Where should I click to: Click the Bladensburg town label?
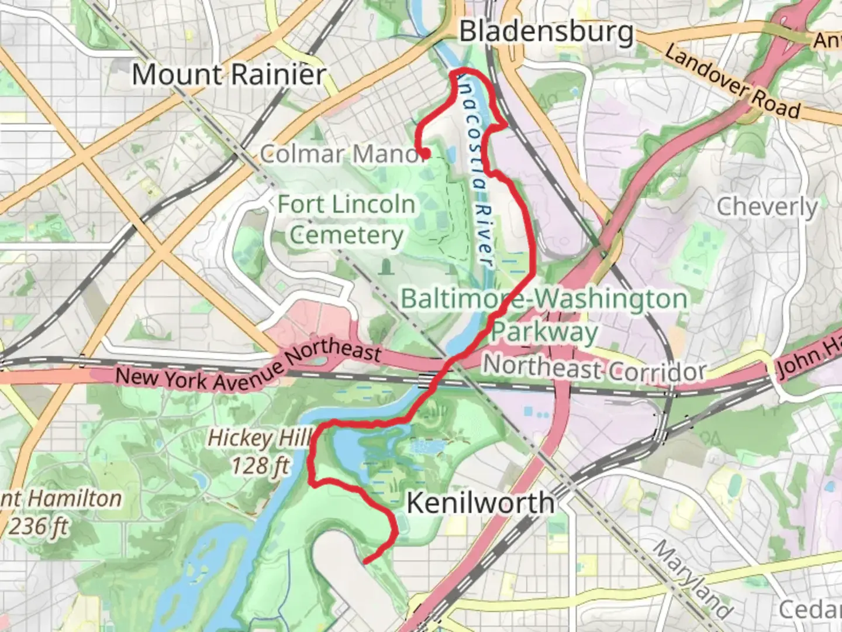[x=546, y=32]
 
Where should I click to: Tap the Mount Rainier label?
[x=229, y=75]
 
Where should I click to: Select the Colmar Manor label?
[x=342, y=154]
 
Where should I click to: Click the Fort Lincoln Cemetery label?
[x=346, y=220]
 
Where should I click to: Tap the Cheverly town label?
[x=767, y=207]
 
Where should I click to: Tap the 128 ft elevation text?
[x=261, y=466]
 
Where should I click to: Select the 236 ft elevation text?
[x=39, y=527]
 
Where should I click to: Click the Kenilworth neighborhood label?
[x=480, y=503]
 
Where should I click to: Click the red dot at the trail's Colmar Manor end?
[x=427, y=153]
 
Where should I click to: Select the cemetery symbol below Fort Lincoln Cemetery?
[x=385, y=267]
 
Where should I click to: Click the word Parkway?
[x=544, y=332]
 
